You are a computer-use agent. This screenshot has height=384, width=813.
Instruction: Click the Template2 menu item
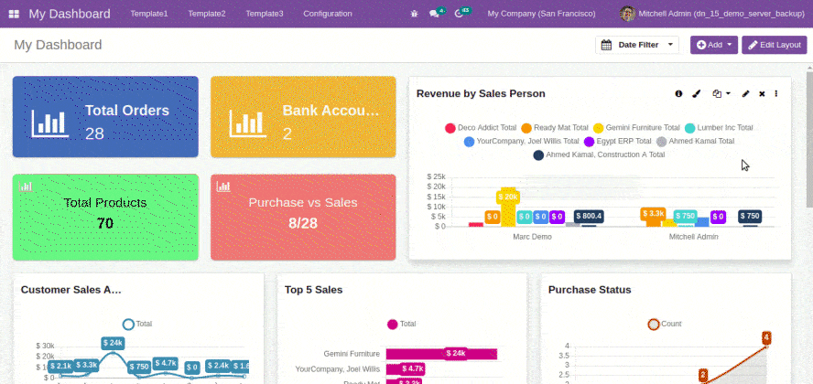pos(206,14)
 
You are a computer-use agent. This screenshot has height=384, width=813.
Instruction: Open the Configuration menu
pos(327,14)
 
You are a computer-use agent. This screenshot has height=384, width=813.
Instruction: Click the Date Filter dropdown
pos(637,45)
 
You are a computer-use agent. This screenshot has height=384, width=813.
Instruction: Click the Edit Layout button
pos(774,45)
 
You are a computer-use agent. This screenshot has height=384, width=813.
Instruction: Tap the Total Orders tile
pos(105,117)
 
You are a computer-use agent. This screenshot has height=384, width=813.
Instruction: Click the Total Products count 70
pos(104,223)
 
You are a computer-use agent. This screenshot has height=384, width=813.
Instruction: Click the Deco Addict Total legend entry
pos(481,128)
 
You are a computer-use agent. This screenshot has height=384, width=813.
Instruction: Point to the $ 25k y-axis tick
pos(436,176)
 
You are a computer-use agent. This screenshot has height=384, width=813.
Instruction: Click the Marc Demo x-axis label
pos(532,237)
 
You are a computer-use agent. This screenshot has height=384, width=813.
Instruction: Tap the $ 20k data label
pos(508,197)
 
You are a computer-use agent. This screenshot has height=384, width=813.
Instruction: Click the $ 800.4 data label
pos(588,217)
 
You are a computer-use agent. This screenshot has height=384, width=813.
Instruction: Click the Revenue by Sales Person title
pos(481,93)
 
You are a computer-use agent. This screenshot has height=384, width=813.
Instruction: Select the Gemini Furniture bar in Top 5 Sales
pos(440,353)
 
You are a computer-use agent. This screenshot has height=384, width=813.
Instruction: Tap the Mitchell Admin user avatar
pos(627,14)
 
